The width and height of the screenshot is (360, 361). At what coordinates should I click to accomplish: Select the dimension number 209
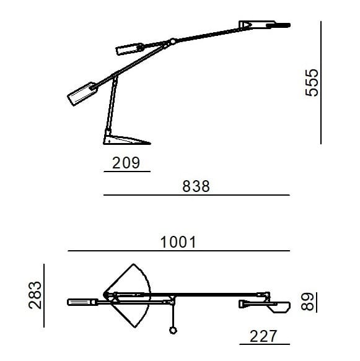[x=126, y=163]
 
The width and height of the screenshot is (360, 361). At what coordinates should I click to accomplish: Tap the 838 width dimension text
[x=196, y=186]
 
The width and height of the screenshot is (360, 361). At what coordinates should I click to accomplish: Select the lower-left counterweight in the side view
[x=81, y=94]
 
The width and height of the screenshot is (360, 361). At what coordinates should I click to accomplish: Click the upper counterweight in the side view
[x=129, y=50]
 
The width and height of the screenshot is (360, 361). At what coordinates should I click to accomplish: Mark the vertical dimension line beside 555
[x=322, y=82]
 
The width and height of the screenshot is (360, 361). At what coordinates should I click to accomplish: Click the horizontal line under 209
[x=126, y=172]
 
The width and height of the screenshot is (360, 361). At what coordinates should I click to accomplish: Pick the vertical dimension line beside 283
[x=45, y=295]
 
